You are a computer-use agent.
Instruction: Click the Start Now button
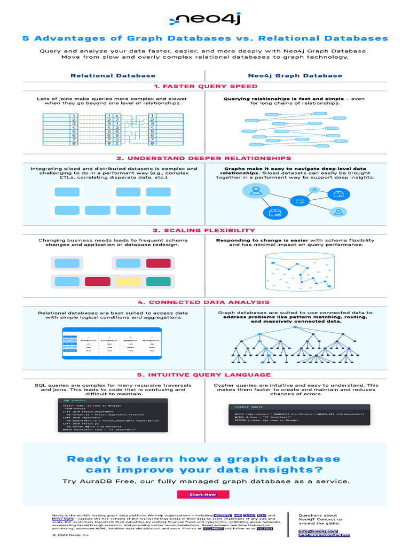[x=203, y=494]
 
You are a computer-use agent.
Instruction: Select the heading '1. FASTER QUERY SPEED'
[x=205, y=86]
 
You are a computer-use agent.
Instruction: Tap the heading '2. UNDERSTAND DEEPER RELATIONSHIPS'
[x=205, y=158]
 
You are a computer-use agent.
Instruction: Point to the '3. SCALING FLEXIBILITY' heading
[x=205, y=230]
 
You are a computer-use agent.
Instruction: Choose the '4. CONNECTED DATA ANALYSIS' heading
[x=205, y=302]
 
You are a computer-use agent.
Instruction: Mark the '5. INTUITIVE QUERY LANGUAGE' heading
[x=205, y=374]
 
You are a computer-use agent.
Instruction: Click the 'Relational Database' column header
[x=113, y=75]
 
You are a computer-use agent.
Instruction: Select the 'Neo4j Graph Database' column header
[x=295, y=75]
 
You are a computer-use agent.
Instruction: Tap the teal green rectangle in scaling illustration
[x=158, y=281]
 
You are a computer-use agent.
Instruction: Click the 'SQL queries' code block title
[x=75, y=400]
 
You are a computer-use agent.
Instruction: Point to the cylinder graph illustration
[x=295, y=271]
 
